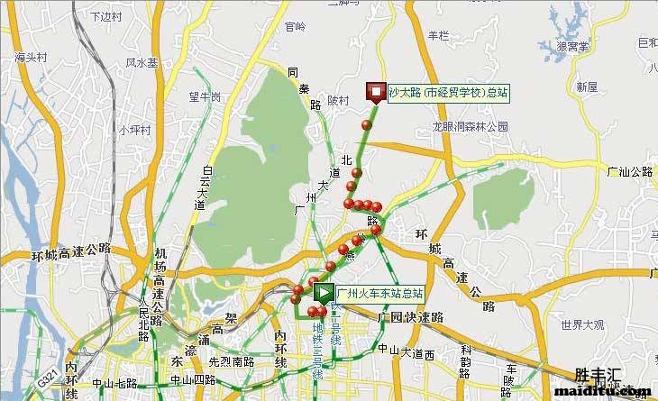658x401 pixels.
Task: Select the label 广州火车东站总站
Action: click(x=379, y=294)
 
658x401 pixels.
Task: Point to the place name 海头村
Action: click(x=31, y=58)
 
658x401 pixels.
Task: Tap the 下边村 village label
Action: click(x=107, y=17)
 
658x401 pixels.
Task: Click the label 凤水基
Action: click(x=142, y=63)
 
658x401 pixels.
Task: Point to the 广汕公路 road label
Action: click(x=629, y=170)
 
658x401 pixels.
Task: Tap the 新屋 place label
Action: click(x=587, y=87)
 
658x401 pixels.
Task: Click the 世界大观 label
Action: click(x=581, y=324)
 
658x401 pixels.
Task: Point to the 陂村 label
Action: click(x=338, y=101)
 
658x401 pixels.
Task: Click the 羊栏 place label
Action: click(x=438, y=35)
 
